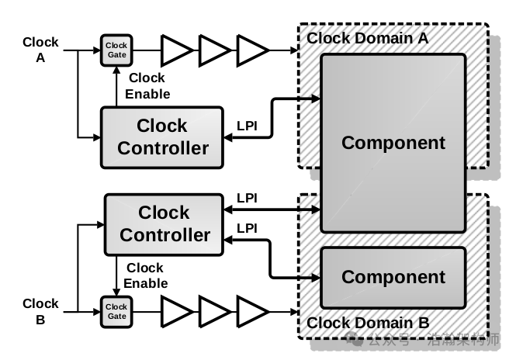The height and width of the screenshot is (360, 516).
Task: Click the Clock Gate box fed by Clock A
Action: click(116, 50)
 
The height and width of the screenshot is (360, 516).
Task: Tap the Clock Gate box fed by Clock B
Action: click(116, 312)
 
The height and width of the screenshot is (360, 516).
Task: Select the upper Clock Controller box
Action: click(162, 137)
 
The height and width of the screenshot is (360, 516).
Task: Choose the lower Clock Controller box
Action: click(164, 223)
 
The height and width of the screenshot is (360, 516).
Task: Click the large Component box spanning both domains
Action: click(393, 143)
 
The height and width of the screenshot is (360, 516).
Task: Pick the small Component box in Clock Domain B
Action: click(393, 277)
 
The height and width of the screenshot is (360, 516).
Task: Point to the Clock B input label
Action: click(40, 312)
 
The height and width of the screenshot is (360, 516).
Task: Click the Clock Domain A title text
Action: click(367, 37)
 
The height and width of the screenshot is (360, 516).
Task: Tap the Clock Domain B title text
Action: click(367, 323)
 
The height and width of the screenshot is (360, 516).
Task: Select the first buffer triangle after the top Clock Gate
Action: click(176, 50)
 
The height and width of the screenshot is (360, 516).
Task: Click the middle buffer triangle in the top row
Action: click(214, 50)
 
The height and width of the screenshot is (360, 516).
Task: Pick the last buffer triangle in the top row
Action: click(252, 50)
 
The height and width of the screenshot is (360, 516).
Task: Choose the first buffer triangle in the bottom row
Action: click(176, 312)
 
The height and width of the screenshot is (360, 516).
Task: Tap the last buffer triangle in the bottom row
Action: click(252, 312)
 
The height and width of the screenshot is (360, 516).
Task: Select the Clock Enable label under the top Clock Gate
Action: click(148, 86)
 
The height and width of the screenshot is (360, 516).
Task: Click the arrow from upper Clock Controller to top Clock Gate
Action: click(116, 85)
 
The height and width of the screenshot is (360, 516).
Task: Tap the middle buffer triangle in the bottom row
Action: click(214, 312)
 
